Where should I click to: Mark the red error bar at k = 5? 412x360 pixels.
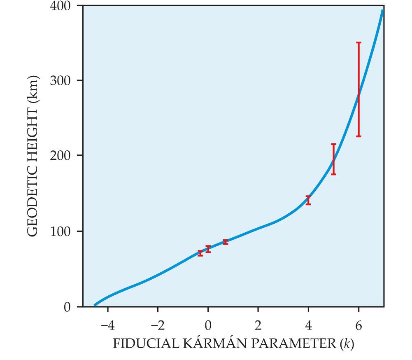coord(333,159)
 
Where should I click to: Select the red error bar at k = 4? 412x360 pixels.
coord(308,200)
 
